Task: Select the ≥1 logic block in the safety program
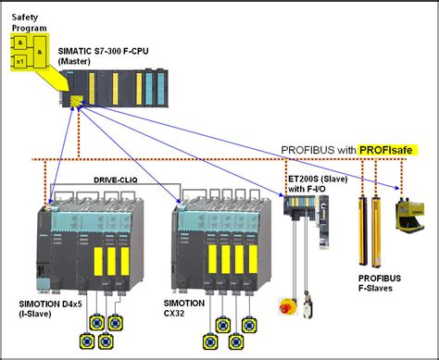point(20,60)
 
